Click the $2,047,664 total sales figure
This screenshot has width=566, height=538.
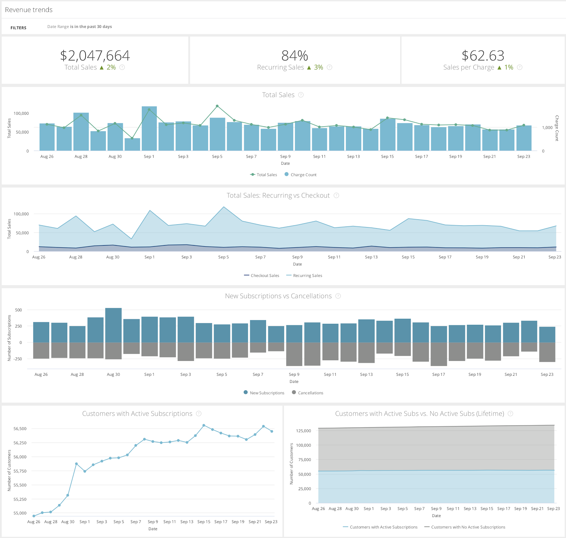95,56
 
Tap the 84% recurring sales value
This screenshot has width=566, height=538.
294,56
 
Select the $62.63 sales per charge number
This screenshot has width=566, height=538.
483,56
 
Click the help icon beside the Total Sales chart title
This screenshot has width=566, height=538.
301,95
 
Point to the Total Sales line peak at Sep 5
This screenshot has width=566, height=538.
217,106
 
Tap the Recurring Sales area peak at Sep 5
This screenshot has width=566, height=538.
224,207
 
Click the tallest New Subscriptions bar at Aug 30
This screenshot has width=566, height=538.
114,325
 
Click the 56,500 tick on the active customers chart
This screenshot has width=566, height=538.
20,429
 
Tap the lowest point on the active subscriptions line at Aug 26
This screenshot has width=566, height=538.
34,516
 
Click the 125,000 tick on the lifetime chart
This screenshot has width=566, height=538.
304,431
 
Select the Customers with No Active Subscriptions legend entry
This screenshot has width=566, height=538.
465,527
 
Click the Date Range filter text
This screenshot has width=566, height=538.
80,27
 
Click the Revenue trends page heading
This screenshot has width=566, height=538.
29,10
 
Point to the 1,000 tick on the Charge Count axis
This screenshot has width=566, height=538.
547,128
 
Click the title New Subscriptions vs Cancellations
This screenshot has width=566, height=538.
278,296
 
